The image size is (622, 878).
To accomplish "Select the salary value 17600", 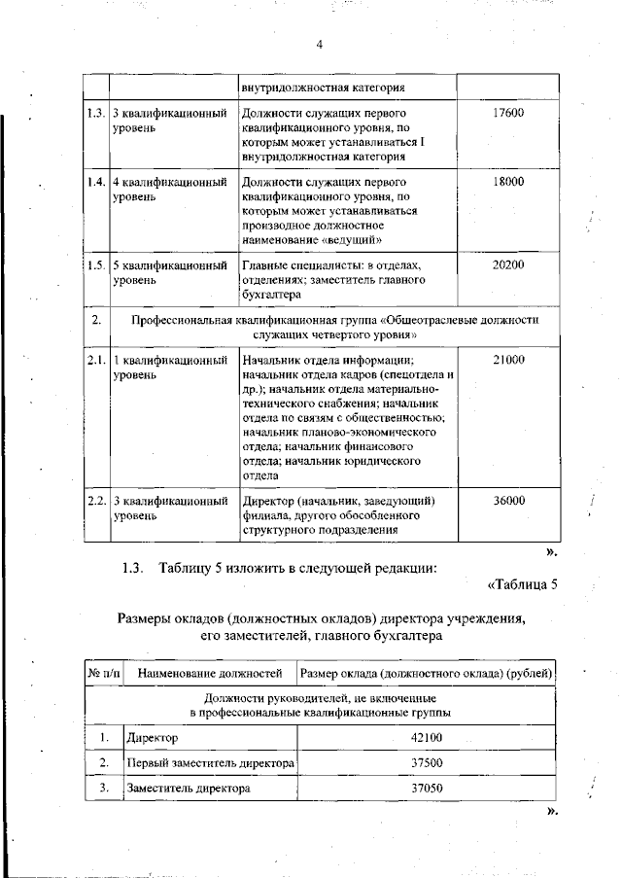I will coord(507,113).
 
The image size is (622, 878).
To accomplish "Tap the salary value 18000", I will coord(507,182).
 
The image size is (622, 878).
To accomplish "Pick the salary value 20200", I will coord(507,264).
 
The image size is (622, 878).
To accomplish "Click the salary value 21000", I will coord(507,360).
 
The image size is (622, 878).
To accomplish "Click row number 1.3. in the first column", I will coord(95,113).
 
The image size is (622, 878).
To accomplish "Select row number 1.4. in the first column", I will coord(95,182).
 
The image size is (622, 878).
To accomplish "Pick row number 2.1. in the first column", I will coord(95,360).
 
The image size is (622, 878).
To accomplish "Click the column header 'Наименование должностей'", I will coord(210,673).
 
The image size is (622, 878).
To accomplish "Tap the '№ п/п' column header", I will coord(105,673).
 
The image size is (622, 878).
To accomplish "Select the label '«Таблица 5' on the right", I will coord(522,583).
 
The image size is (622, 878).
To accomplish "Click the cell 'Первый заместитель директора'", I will coord(210,763).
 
